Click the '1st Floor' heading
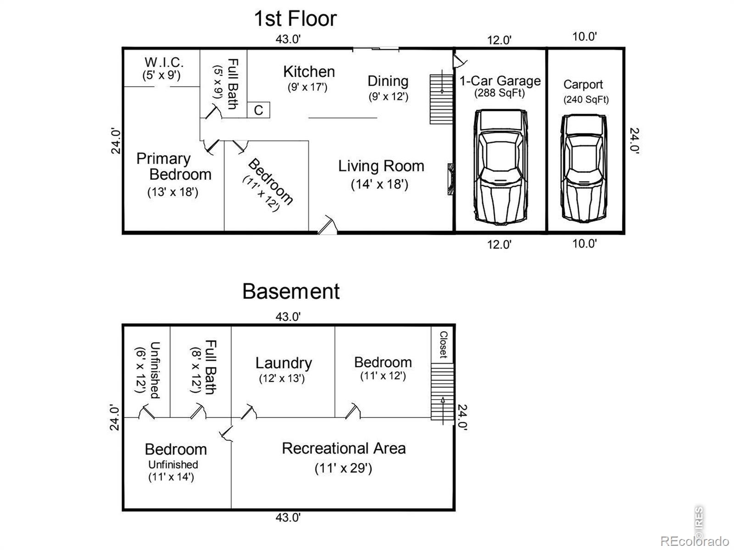point(295,19)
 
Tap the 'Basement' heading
point(291,291)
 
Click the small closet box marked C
point(258,110)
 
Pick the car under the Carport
point(584,168)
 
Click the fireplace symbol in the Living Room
point(450,179)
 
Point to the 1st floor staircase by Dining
point(441,99)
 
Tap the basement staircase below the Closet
point(442,391)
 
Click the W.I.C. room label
point(164,62)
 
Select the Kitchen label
point(309,72)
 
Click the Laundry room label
point(284,363)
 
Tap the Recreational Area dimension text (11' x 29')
point(343,468)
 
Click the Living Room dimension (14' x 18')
point(379,184)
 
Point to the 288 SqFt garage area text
point(500,93)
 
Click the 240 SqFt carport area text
point(586,99)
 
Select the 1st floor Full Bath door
point(213,111)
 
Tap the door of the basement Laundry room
point(249,412)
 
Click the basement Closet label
point(443,344)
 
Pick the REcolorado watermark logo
point(695,541)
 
